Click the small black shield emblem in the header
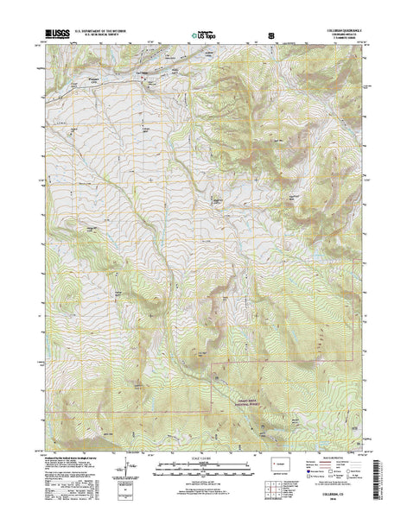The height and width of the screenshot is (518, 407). pos(274,36)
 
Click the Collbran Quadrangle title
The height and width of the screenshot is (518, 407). pos(340,30)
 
